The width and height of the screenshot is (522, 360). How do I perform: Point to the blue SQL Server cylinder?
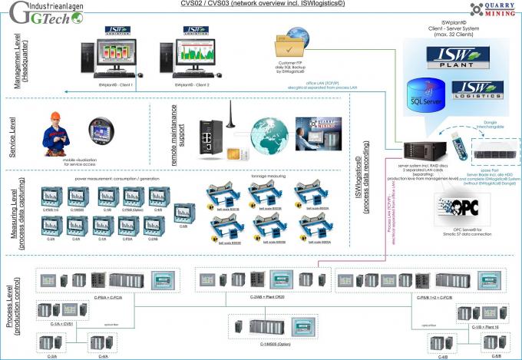(x=418, y=91)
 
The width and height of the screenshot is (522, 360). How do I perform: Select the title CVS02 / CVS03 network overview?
(x=261, y=5)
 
